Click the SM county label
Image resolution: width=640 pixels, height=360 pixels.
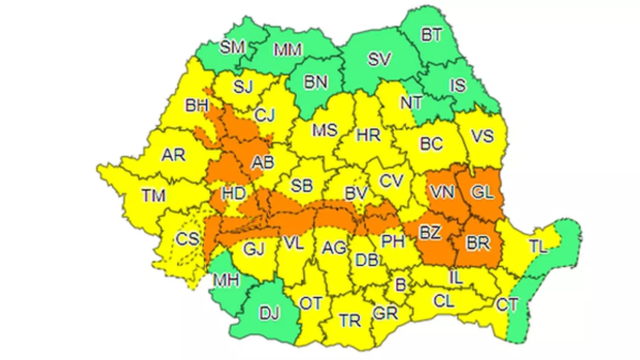point(233,47)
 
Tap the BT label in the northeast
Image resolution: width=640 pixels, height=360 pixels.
point(432,35)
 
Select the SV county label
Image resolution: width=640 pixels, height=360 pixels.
point(379,59)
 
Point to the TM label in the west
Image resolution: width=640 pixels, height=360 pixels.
point(153,195)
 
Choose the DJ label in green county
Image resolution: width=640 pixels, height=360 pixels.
point(269,314)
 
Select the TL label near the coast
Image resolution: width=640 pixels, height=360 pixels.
point(538,247)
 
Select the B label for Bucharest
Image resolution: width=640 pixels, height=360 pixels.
point(401,285)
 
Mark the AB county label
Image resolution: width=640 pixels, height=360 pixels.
point(263,162)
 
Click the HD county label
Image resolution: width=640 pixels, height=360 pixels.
point(234,193)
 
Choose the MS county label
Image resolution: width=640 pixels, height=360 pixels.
point(325,130)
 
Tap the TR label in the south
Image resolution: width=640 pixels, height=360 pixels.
point(350,320)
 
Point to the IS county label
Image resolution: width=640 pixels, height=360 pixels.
point(458,85)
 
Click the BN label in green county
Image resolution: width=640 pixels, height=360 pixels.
point(315,82)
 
